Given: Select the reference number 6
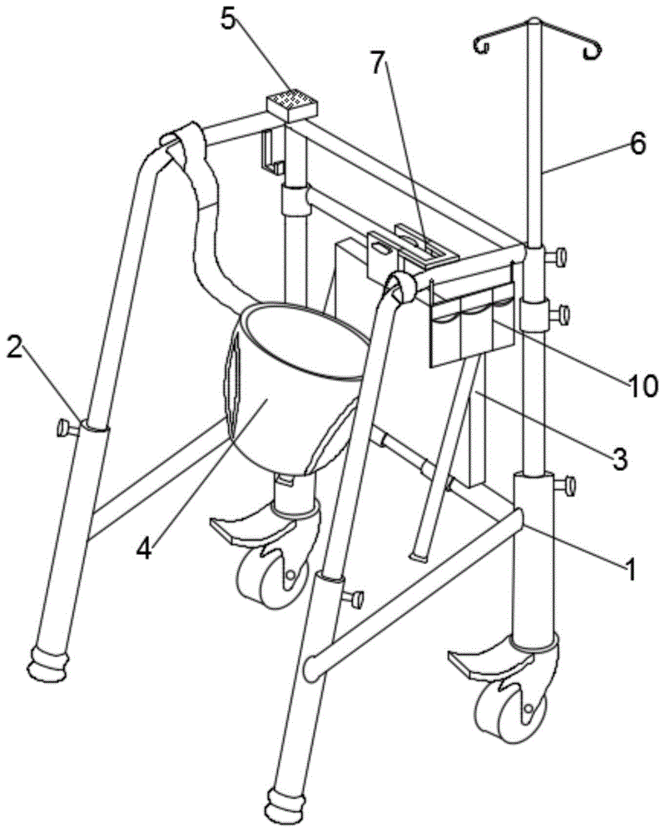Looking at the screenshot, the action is tap(637, 144).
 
